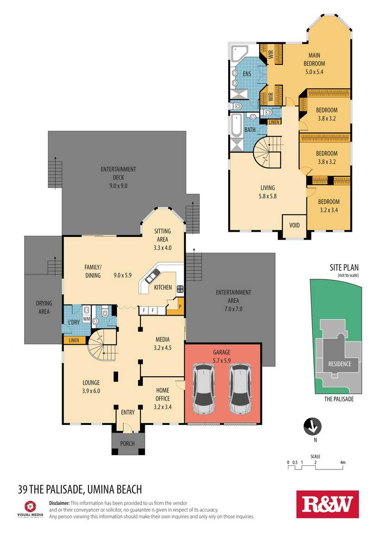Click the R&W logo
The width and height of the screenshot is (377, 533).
(327, 504)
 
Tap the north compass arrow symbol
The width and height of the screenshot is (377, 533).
(313, 426)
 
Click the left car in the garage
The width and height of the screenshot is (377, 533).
(204, 389)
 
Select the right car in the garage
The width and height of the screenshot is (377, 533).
(240, 389)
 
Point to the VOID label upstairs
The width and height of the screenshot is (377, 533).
(294, 225)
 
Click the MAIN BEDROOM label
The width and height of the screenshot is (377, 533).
(314, 59)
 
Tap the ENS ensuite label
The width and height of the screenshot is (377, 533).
(247, 74)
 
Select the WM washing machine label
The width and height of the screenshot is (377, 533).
(87, 319)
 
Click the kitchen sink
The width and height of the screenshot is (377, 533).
(152, 276)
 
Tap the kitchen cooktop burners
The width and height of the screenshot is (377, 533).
(180, 289)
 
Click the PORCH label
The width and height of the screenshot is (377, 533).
(127, 444)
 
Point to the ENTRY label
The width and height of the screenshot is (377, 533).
(128, 412)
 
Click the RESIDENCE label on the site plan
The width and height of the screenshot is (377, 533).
(339, 364)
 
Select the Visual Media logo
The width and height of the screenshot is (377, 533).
(30, 509)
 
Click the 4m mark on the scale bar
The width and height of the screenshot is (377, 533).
(343, 462)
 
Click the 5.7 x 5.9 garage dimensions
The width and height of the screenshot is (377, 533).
(222, 360)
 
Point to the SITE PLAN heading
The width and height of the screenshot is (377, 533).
(344, 267)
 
